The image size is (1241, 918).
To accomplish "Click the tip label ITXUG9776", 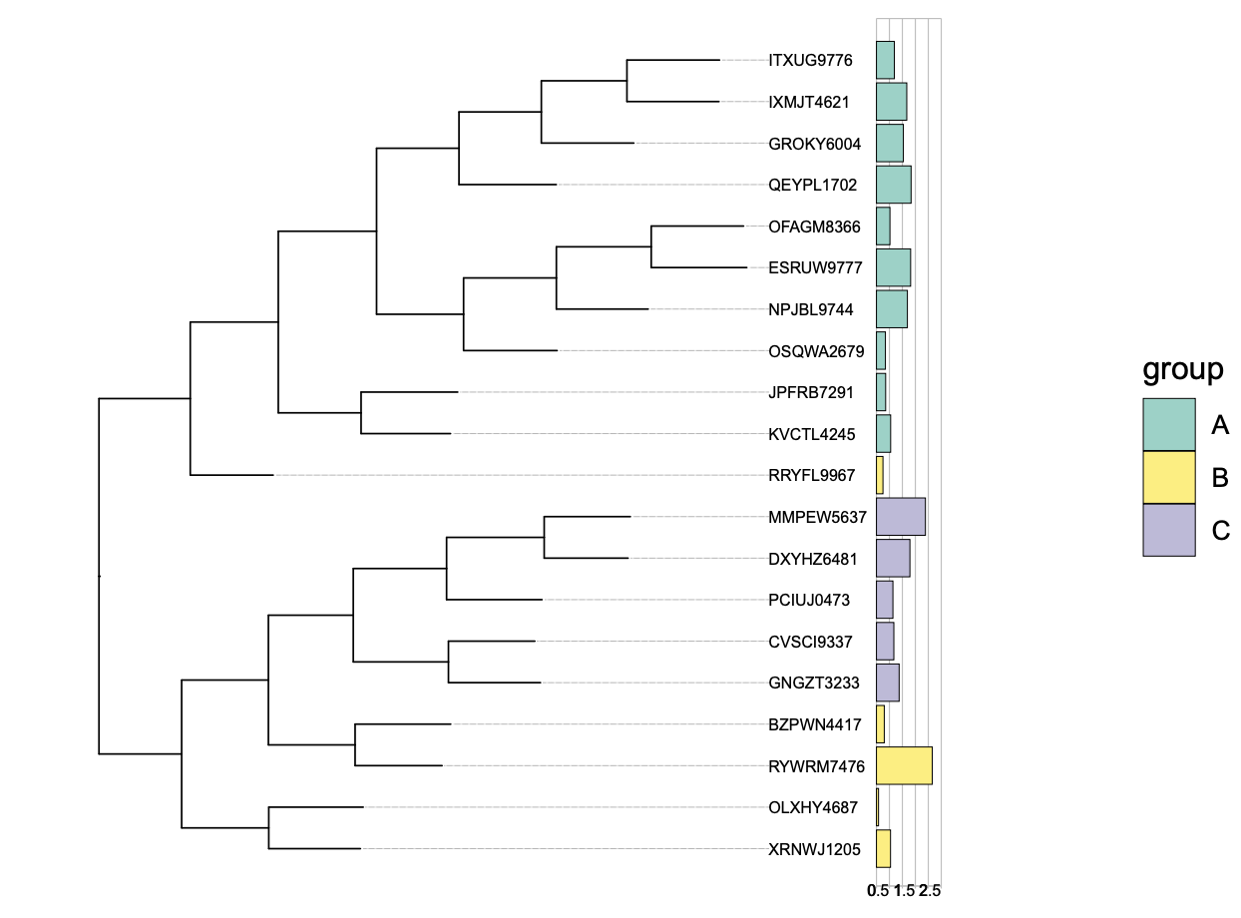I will [810, 60].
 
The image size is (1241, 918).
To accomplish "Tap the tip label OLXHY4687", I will [813, 807].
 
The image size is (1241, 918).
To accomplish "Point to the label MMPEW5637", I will [817, 517].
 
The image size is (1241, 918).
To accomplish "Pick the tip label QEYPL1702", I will [812, 185].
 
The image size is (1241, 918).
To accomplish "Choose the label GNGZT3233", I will [813, 683].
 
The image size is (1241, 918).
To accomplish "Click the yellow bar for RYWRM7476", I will [904, 765].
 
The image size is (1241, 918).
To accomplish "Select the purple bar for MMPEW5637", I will [900, 517].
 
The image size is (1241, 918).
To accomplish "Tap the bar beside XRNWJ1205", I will [883, 848].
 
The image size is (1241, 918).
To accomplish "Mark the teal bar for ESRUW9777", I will [893, 267].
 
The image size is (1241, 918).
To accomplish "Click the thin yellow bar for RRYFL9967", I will [880, 475].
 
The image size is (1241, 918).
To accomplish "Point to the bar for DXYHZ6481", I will [893, 558].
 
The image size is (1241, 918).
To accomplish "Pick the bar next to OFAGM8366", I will [883, 227].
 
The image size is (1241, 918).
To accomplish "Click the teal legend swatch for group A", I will [1168, 425].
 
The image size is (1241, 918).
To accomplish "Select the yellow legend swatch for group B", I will [1168, 477].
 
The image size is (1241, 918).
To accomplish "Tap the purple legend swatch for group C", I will [1168, 530].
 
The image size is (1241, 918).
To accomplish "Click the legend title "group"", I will [1183, 370].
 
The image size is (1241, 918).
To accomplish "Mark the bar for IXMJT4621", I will [891, 102].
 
